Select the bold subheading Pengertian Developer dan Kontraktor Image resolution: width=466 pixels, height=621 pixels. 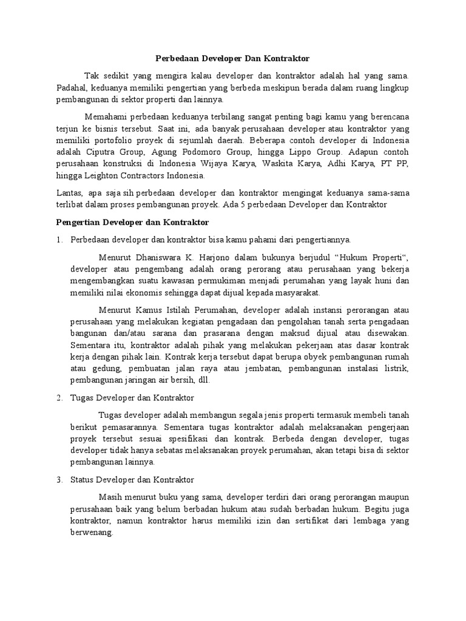pyautogui.click(x=133, y=223)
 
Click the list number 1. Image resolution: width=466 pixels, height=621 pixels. pyautogui.click(x=58, y=239)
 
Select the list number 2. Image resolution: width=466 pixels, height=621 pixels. pyautogui.click(x=58, y=398)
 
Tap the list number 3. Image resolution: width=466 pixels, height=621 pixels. pyautogui.click(x=58, y=479)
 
